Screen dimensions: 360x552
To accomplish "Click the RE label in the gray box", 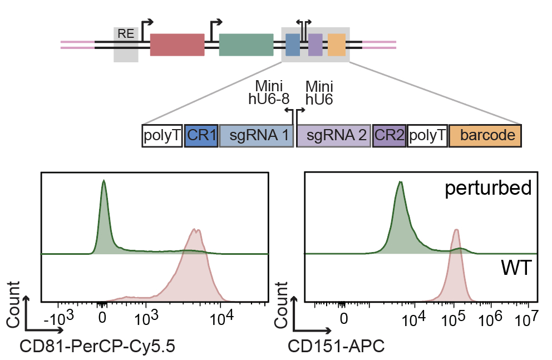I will (x=126, y=34).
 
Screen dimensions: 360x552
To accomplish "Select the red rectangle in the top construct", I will (x=178, y=45).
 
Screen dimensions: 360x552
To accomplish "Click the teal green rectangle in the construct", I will (x=246, y=45).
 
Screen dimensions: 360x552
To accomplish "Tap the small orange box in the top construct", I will (x=337, y=45).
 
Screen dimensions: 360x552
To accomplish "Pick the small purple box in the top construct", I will (x=316, y=45).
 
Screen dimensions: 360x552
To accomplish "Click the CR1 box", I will (x=201, y=136).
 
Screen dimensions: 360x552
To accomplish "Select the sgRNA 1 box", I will (x=257, y=136).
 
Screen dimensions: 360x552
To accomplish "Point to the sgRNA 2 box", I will (x=334, y=136).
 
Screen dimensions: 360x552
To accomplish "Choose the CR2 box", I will (x=389, y=136).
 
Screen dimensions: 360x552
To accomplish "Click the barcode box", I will (x=485, y=136).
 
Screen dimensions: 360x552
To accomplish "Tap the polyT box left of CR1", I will (x=162, y=136).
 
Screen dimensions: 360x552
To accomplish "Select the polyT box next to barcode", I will (x=427, y=136).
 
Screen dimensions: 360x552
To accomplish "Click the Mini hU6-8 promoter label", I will (x=269, y=93).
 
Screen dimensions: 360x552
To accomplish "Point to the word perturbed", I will (x=488, y=189).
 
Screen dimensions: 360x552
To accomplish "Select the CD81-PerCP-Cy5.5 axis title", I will (x=98, y=347).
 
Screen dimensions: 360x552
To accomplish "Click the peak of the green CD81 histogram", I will (x=103, y=181).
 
